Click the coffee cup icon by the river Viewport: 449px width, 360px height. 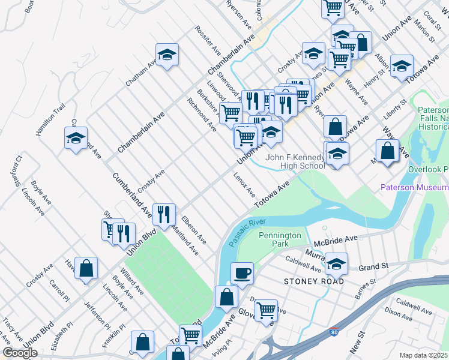coord(242,273)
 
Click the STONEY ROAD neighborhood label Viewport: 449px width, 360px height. coord(315,281)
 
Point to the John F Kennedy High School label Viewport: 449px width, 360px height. coord(295,161)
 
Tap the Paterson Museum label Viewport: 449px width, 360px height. coord(414,188)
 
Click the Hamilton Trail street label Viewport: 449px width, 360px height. coord(50,118)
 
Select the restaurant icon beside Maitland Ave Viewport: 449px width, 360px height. coord(163,214)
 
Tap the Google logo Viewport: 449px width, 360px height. coord(20,353)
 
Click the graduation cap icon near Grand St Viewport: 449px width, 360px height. coord(336,263)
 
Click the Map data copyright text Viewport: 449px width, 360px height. coord(424,355)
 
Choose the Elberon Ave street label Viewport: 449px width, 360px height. coord(194,230)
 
